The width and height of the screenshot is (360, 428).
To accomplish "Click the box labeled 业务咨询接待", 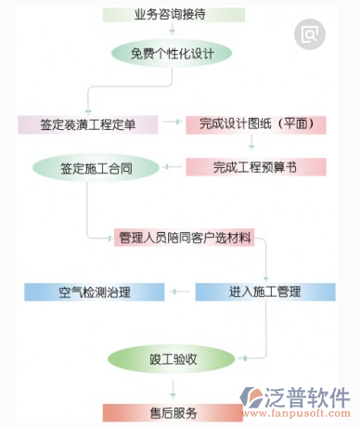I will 174,15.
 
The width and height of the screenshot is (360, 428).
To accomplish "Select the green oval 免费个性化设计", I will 174,52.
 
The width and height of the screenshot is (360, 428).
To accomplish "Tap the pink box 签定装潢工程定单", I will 88,123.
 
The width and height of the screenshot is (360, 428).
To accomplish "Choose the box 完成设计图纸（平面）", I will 255,123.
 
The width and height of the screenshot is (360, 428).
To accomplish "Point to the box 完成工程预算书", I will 255,167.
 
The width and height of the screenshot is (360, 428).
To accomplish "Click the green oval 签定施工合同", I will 95,168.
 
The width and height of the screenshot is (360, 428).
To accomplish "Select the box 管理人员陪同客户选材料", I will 186,238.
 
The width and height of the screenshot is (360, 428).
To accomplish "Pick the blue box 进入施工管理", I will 265,292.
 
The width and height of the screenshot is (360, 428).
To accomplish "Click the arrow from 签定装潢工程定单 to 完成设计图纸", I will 173,123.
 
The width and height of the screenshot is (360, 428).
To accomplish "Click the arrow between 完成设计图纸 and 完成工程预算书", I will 251,145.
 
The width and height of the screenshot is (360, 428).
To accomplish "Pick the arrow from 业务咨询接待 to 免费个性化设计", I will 174,30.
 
